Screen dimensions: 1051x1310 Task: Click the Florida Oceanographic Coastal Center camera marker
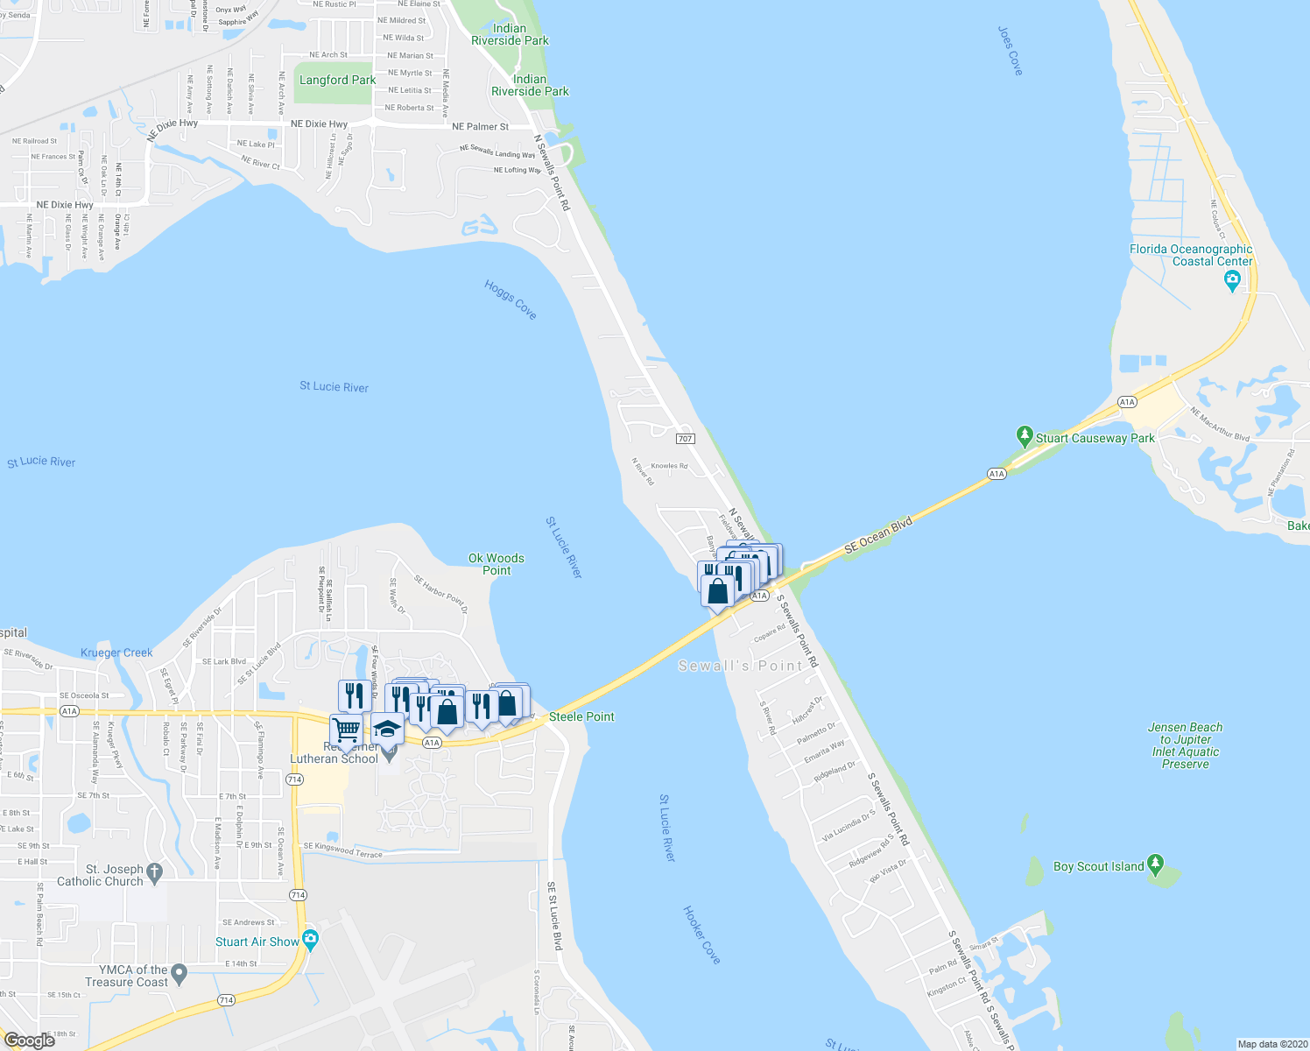tap(1233, 281)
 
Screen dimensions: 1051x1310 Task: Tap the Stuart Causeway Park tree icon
tap(1025, 436)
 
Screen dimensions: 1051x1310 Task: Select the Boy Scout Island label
tap(1098, 866)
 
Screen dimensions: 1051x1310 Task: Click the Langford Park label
tap(337, 80)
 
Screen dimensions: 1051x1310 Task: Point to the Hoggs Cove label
tap(511, 300)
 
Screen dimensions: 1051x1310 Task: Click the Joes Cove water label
tap(1010, 51)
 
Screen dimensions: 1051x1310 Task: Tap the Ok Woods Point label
tap(497, 564)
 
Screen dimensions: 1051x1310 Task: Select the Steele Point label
tap(581, 716)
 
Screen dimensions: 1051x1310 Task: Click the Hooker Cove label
tap(701, 935)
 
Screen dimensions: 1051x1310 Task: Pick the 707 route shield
tap(685, 439)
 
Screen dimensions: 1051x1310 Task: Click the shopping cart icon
tap(346, 730)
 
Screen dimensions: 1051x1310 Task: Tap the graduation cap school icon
tap(387, 729)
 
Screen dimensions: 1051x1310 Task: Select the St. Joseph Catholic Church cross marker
tap(155, 871)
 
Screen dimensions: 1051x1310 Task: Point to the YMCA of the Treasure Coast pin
tap(180, 972)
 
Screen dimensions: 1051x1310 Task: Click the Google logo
tap(30, 1040)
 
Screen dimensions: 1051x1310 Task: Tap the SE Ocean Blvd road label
tap(878, 535)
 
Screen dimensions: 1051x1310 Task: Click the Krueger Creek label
tap(116, 652)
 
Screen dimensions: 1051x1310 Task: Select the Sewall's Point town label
tap(740, 666)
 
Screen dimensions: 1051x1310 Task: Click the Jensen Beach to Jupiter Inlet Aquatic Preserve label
tap(1185, 745)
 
